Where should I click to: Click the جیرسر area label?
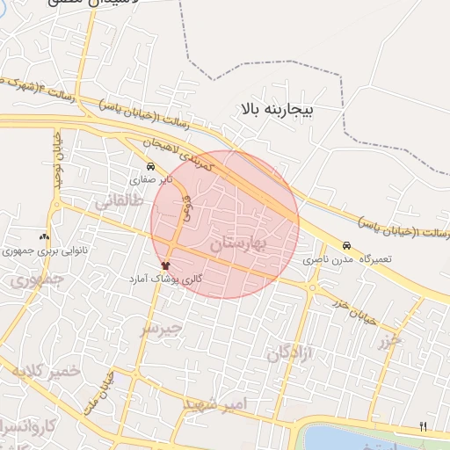click(162, 329)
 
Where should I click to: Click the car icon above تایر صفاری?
click(150, 166)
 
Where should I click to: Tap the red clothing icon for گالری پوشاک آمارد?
click(164, 265)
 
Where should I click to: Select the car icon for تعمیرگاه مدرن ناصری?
click(346, 247)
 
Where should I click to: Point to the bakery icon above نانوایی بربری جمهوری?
click(44, 237)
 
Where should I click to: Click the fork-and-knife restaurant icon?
click(424, 426)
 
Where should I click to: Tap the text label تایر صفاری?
click(149, 178)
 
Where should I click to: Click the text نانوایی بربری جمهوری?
click(45, 250)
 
